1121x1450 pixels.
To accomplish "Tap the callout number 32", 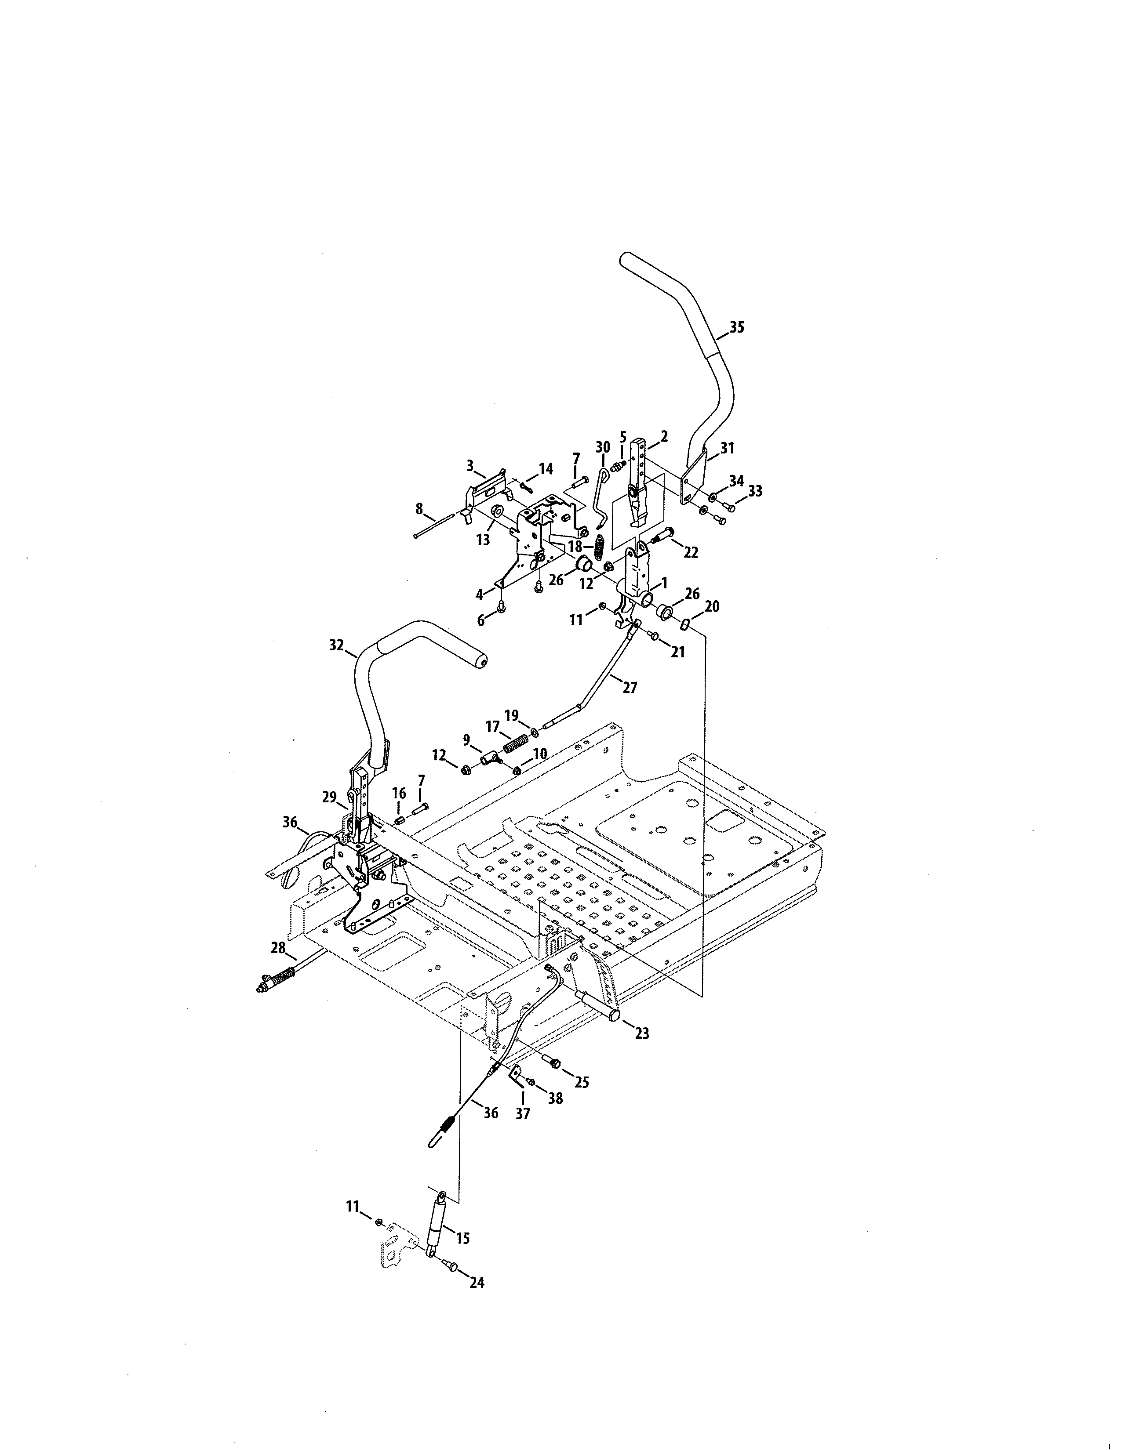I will [337, 644].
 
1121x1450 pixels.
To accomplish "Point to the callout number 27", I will [630, 688].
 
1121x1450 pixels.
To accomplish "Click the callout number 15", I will [463, 1237].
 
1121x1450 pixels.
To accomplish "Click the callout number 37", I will [523, 1113].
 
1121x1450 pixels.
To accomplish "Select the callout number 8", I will [419, 508].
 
